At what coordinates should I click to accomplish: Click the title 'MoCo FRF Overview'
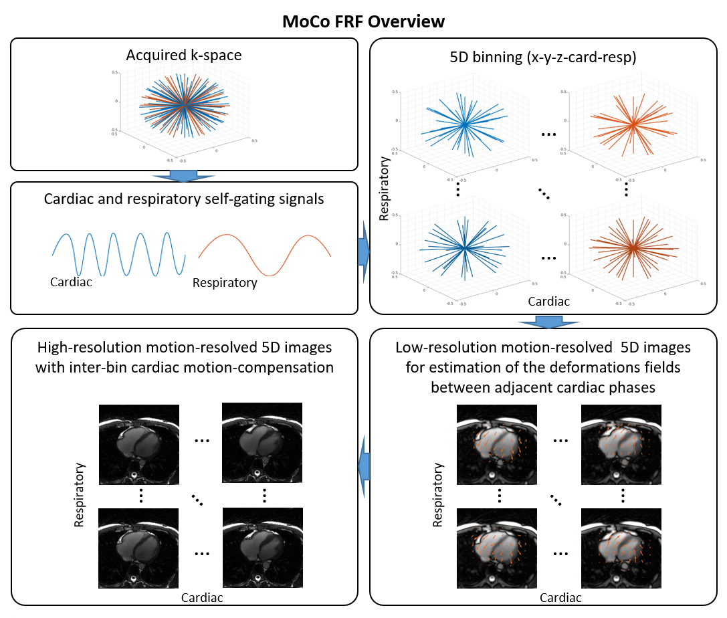pyautogui.click(x=362, y=21)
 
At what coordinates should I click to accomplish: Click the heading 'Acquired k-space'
pyautogui.click(x=183, y=55)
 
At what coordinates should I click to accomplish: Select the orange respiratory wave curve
pyautogui.click(x=265, y=255)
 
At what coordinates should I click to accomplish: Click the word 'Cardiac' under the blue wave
pyautogui.click(x=71, y=282)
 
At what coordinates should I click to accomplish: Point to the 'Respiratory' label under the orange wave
pyautogui.click(x=225, y=283)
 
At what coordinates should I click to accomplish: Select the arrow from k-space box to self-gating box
pyautogui.click(x=183, y=176)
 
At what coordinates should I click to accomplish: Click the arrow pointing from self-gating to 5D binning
pyautogui.click(x=363, y=251)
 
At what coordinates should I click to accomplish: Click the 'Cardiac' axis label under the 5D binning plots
pyautogui.click(x=549, y=302)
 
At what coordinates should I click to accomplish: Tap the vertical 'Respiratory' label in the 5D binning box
pyautogui.click(x=384, y=189)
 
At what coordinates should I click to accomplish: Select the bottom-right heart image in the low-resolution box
pyautogui.click(x=621, y=549)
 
